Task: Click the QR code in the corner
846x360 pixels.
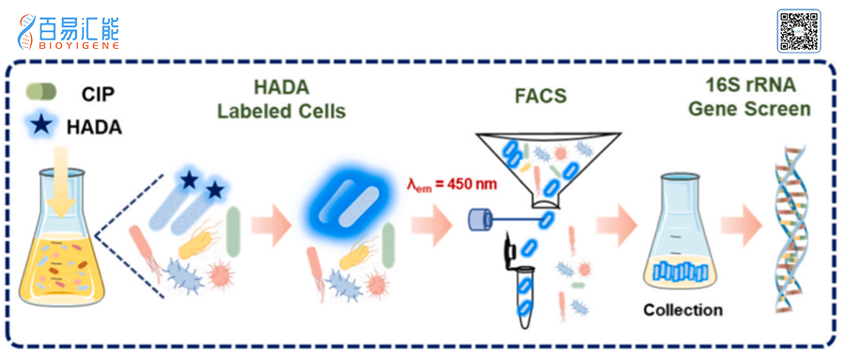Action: [x=798, y=31]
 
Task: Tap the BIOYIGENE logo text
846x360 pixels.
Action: [x=79, y=46]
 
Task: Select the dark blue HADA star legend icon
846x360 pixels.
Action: [x=41, y=125]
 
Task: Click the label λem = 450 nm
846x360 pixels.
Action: [x=451, y=185]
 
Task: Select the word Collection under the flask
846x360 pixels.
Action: [x=682, y=310]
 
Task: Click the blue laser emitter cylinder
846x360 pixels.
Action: [x=478, y=219]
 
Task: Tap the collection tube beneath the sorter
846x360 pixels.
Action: [x=525, y=299]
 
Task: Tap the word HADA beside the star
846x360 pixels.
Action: [x=94, y=127]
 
